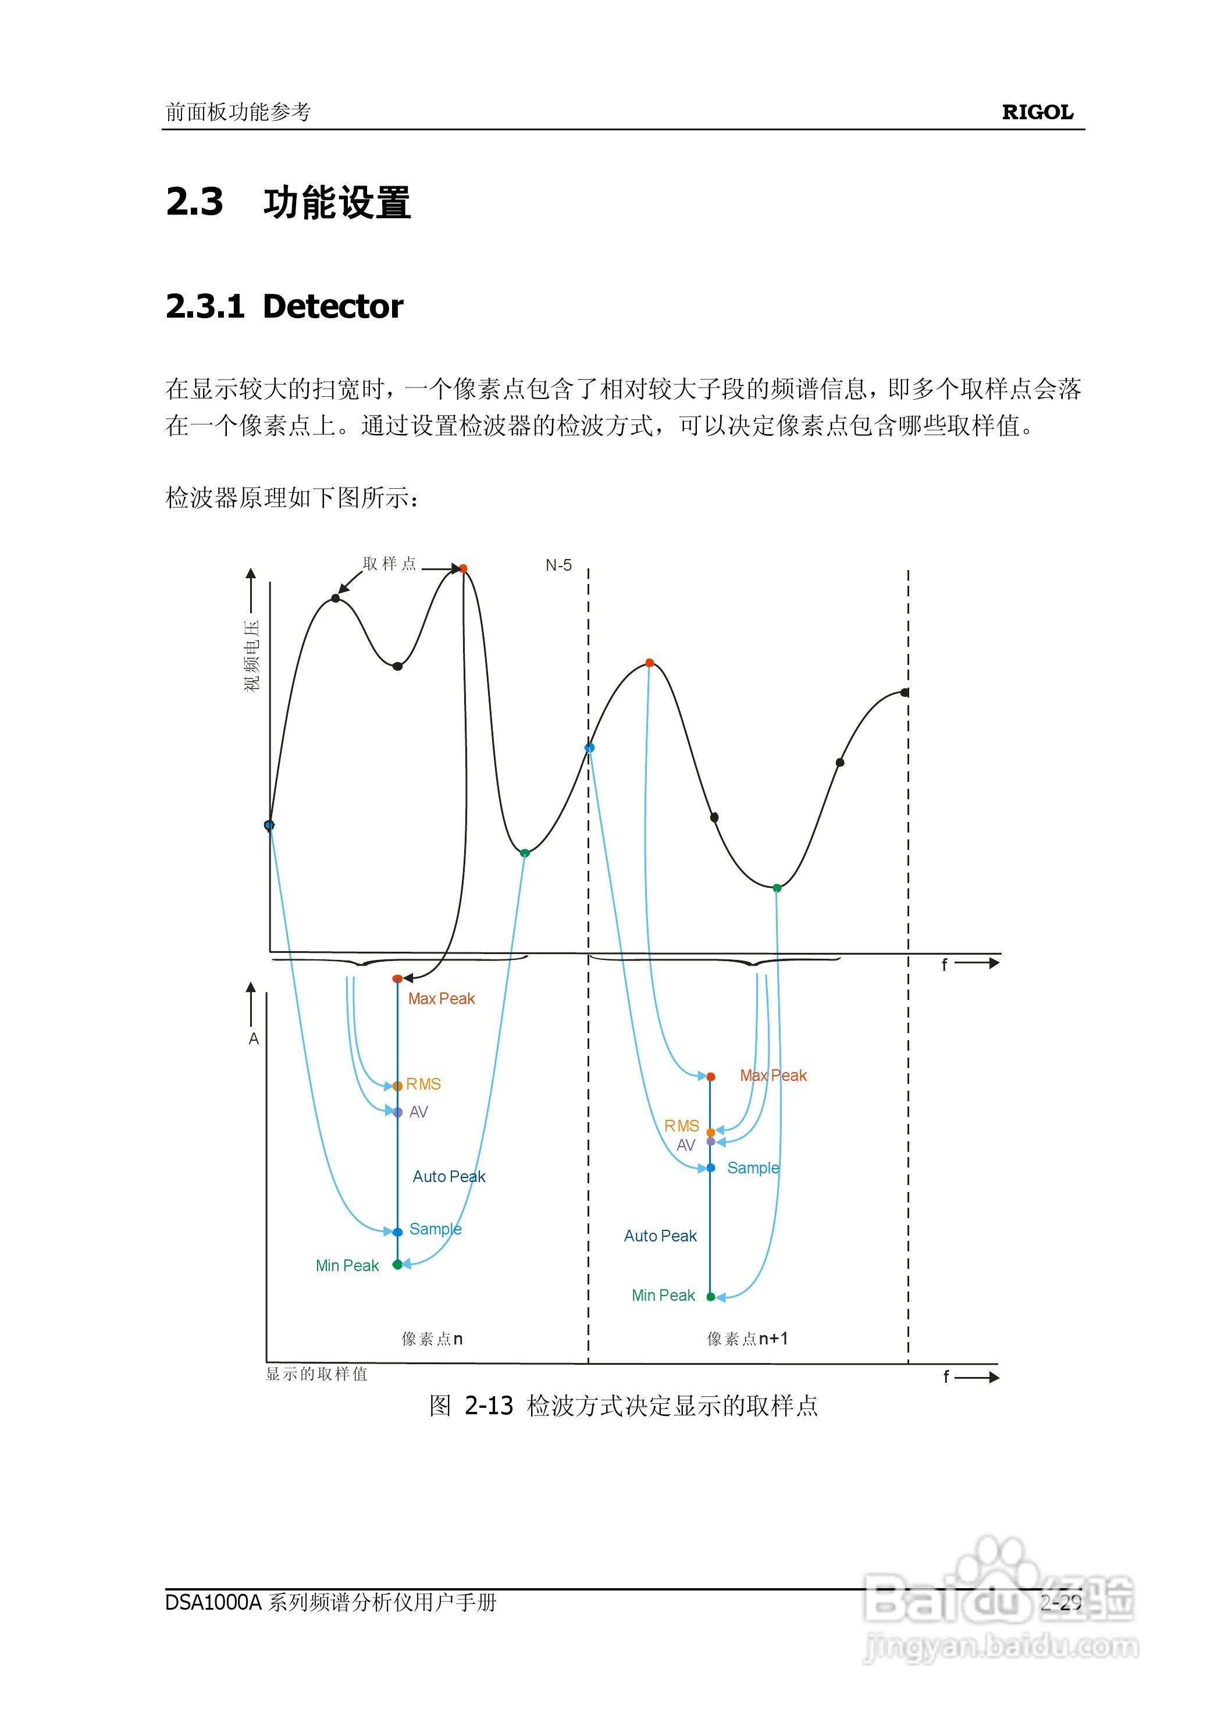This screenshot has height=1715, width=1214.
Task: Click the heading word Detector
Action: point(333,307)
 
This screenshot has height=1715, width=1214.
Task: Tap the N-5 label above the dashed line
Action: point(558,566)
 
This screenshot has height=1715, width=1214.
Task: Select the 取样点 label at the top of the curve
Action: point(389,564)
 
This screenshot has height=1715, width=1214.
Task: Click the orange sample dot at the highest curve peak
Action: point(462,569)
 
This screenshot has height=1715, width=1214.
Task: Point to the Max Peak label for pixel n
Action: point(441,999)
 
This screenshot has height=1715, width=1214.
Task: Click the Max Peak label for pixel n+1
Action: point(773,1076)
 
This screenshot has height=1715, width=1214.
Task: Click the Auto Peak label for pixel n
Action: point(448,1177)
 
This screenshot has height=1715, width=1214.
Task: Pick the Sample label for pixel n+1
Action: point(753,1168)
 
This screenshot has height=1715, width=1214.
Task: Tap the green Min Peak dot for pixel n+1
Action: point(710,1297)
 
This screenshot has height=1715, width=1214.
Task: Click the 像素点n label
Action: point(432,1339)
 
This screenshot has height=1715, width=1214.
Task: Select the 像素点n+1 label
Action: point(747,1339)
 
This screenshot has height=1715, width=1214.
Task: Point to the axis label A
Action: point(254,1039)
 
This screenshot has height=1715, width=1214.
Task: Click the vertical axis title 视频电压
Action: point(252,656)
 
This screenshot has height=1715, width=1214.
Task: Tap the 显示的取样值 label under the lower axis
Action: point(317,1374)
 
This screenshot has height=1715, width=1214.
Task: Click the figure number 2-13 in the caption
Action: point(489,1406)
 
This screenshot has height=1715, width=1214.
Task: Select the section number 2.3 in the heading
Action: point(194,202)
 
